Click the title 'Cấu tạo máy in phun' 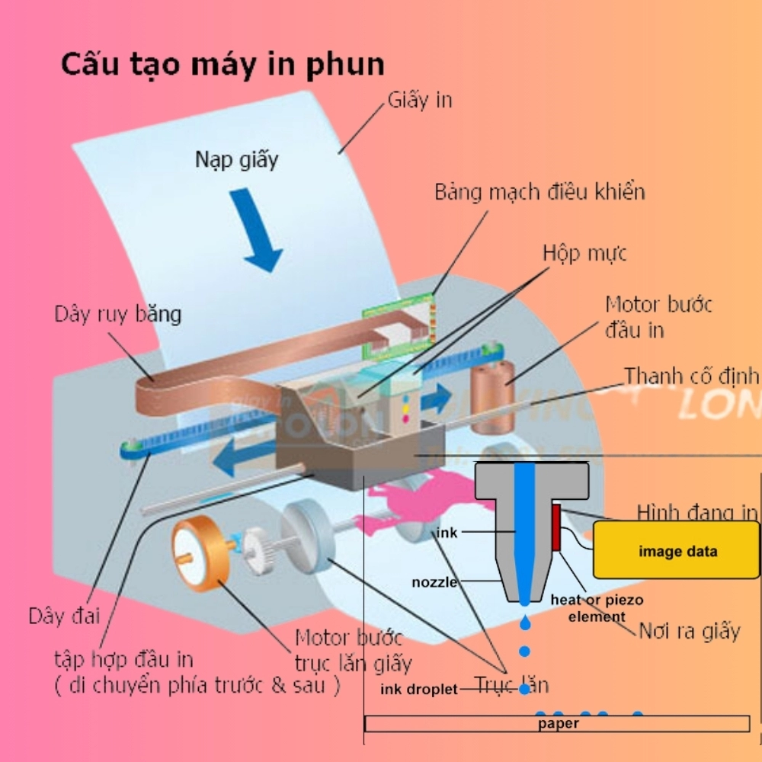pos(223,65)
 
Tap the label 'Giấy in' pos(420,100)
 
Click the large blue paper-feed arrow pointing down pos(256,229)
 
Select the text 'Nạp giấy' pos(237,160)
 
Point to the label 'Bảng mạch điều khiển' pos(539,191)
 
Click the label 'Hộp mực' pos(584,253)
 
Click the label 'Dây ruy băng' pos(117,314)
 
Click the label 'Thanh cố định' pos(692,376)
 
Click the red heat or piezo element pos(557,527)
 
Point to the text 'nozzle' pos(434,583)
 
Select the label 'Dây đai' pos(64,616)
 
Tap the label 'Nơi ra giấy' pos(689,631)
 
